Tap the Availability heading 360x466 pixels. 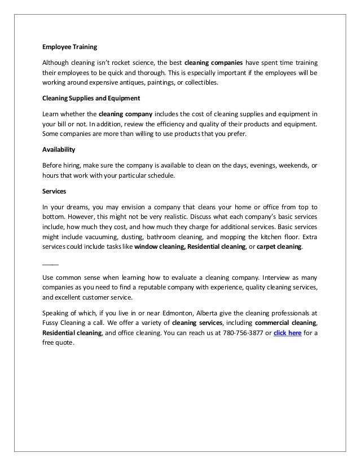[x=59, y=151]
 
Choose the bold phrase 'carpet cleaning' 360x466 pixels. [x=279, y=247]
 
